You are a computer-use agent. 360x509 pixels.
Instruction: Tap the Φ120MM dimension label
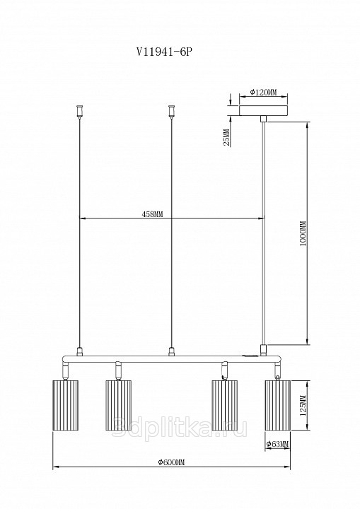(263, 92)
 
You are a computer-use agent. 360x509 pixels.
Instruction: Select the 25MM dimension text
(227, 137)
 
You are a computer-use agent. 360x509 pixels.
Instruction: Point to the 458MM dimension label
(152, 214)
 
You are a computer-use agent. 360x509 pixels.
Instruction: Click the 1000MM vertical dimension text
(303, 233)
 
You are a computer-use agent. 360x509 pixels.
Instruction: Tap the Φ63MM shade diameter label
(277, 444)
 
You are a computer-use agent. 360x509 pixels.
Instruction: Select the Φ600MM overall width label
(171, 462)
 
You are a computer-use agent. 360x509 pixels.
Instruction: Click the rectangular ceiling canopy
(263, 110)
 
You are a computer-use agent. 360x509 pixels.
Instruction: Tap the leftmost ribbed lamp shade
(65, 405)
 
